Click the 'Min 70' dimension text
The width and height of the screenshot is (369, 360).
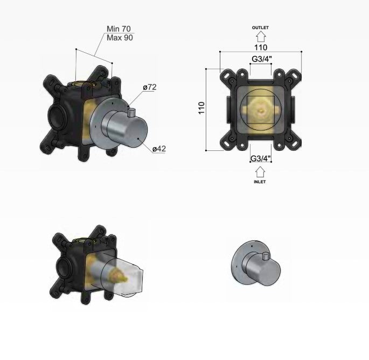[x=119, y=28]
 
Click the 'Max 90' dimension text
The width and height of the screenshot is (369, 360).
[x=119, y=37]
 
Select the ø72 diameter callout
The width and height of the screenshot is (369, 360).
[x=150, y=87]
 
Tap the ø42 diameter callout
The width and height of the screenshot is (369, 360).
[x=158, y=148]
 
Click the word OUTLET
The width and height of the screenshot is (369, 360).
[x=260, y=27]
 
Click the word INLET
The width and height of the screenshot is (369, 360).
[x=260, y=182]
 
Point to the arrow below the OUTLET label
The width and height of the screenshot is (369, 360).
[x=260, y=36]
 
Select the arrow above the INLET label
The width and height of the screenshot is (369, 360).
[x=260, y=171]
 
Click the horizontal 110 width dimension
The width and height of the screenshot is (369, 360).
[x=260, y=47]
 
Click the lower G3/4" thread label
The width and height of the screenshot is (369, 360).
[x=260, y=158]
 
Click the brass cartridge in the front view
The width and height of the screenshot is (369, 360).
[x=260, y=110]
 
